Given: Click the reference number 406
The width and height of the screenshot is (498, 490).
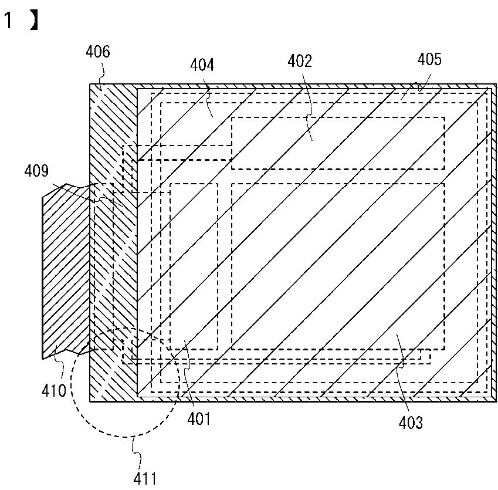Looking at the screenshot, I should click(x=97, y=52).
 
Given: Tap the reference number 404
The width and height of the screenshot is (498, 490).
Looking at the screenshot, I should click(x=201, y=65).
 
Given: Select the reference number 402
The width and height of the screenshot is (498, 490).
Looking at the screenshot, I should click(x=300, y=60).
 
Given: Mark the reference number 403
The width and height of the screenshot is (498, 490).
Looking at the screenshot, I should click(x=410, y=422).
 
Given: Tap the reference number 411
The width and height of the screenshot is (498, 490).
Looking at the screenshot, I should click(x=145, y=479).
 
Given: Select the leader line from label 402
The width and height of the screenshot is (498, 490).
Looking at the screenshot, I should click(x=310, y=126).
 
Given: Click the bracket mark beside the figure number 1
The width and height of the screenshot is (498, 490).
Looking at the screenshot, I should click(x=33, y=21).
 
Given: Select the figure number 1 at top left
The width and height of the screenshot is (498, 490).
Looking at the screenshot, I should click(x=8, y=22).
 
